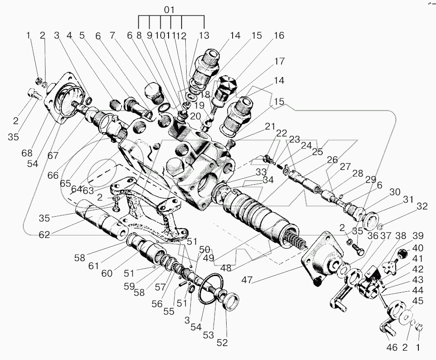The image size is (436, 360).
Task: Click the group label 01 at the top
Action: [x=171, y=9]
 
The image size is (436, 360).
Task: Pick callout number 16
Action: [x=279, y=35]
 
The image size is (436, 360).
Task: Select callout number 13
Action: [x=204, y=35]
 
